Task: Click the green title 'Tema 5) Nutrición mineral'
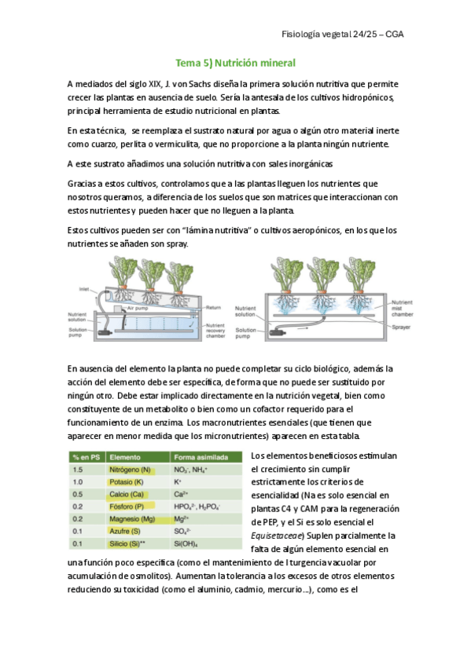tap(236, 63)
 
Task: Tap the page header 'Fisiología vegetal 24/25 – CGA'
tap(342, 35)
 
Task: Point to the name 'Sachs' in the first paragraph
tap(197, 84)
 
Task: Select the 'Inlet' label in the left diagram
tap(84, 289)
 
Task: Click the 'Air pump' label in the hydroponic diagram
tap(138, 308)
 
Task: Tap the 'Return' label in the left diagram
tap(213, 308)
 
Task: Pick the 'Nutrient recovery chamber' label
tap(215, 331)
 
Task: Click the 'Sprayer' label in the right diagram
tap(401, 327)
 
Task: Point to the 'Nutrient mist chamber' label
tap(402, 309)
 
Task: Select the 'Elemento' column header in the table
tap(125, 457)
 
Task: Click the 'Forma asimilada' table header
tap(201, 457)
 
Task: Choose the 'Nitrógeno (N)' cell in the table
tap(130, 470)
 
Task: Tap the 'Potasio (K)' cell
tap(127, 482)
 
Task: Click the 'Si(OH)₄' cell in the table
tap(186, 543)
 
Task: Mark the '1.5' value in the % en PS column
tap(77, 470)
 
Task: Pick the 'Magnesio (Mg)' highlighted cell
tap(132, 519)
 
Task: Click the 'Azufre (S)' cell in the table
tap(124, 532)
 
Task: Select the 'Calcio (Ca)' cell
tap(127, 495)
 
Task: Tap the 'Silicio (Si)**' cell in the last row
tap(127, 543)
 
